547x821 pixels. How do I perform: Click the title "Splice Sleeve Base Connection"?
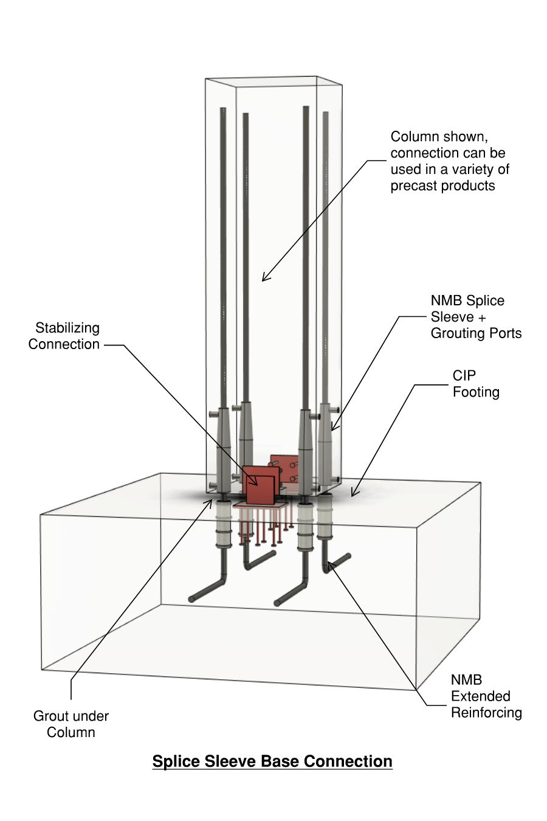point(272,761)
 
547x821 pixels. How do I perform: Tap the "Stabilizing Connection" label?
point(64,336)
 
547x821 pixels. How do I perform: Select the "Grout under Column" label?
point(71,724)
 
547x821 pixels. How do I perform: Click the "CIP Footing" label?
point(476,384)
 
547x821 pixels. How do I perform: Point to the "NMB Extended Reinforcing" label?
point(486,696)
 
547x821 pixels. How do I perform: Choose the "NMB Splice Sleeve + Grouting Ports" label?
point(476,317)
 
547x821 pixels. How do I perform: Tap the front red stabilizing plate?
point(260,485)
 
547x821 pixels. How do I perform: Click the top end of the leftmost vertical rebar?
point(223,110)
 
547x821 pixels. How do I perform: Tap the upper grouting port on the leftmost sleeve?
point(213,414)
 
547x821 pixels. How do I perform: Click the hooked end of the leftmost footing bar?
point(191,599)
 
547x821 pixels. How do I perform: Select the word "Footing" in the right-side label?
point(476,392)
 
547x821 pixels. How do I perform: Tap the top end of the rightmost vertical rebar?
point(326,114)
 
